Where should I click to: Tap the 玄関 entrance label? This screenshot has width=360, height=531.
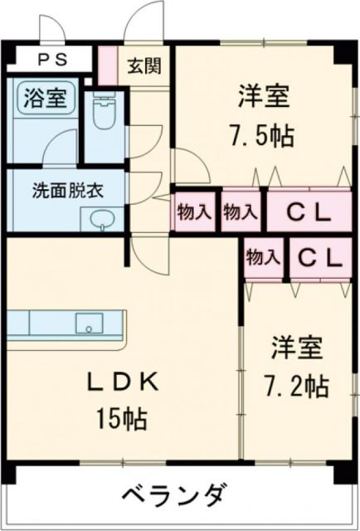point(138,66)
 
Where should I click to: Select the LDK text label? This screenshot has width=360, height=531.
point(124,382)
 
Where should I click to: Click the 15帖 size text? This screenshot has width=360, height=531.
point(124,419)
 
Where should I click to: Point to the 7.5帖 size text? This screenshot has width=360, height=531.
point(260,135)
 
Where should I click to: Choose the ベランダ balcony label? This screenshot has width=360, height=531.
point(173,497)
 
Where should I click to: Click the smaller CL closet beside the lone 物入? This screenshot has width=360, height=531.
point(320,258)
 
